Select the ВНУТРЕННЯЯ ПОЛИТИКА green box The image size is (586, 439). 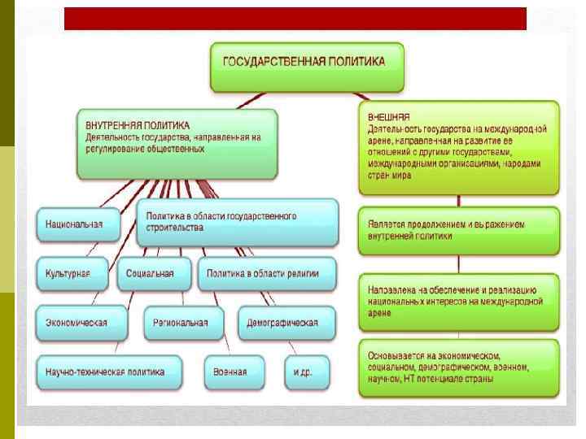(x=177, y=143)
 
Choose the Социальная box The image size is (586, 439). (x=151, y=273)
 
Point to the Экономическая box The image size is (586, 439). (x=81, y=322)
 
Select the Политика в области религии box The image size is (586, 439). (x=267, y=273)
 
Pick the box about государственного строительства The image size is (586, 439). (x=237, y=222)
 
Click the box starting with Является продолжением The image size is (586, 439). (x=458, y=229)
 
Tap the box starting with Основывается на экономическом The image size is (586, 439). (x=458, y=367)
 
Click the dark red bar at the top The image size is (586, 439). (x=295, y=19)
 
